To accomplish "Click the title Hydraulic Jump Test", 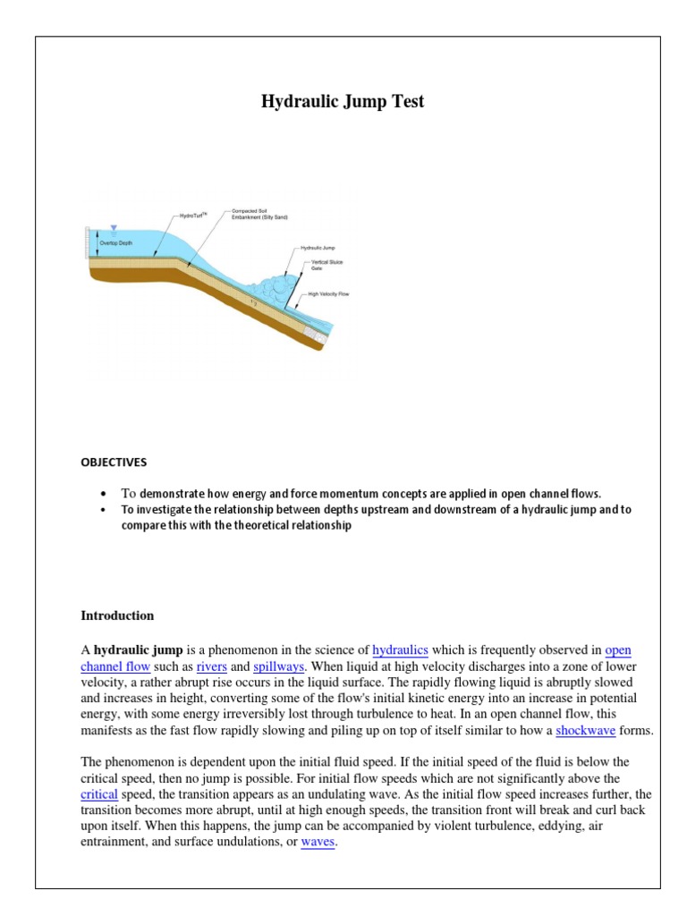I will pos(343,101).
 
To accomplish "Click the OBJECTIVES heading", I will pos(114,462).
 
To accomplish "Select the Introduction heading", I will pos(117,615).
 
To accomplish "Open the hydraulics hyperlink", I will pos(400,650).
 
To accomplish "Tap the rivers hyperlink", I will pos(211,667).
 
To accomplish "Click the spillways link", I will pos(279,667).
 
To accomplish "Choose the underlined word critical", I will pos(99,793).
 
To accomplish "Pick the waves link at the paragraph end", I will pos(318,843).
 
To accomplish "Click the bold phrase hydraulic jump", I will pos(139,650).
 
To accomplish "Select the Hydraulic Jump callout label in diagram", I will pos(317,246).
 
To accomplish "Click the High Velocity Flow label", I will pos(327,293).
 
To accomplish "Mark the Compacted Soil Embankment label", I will pos(259,214).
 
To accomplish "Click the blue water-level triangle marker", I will pos(113,230).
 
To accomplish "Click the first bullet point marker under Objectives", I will pos(104,494).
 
